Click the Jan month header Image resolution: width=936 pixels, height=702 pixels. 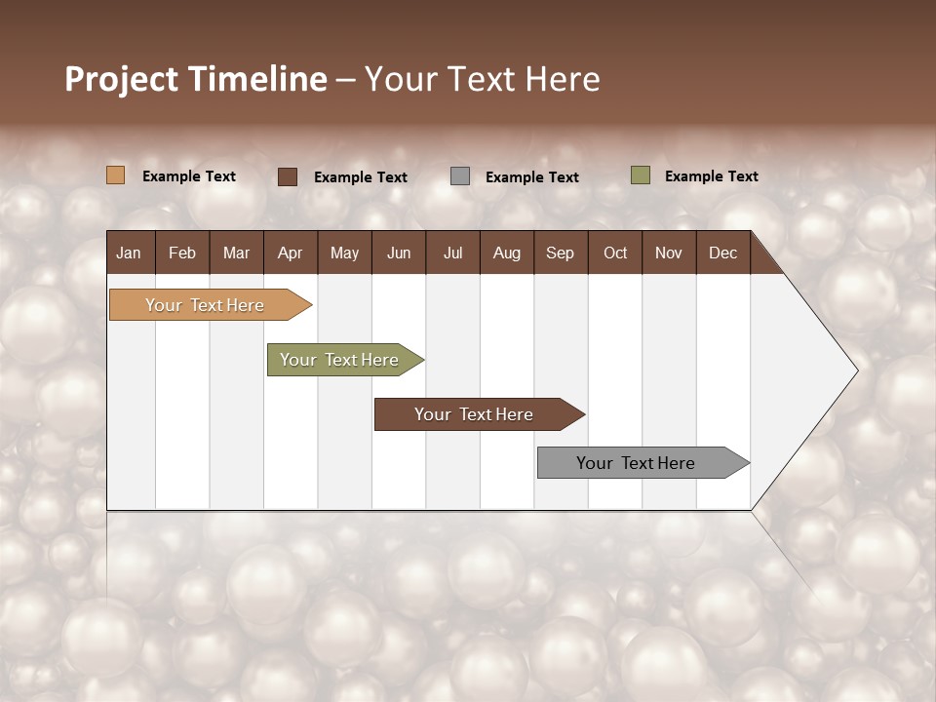[129, 253]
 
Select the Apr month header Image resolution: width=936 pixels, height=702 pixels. [290, 253]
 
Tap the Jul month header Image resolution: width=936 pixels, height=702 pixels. [452, 253]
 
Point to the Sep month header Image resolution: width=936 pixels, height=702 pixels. [560, 253]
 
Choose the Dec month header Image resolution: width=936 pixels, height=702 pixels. [722, 253]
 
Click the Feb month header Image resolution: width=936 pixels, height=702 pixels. [182, 253]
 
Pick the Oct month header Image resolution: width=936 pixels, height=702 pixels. [615, 253]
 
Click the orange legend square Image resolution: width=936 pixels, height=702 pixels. [115, 175]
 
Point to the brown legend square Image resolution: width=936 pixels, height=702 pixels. [287, 176]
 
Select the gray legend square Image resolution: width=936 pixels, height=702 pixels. [459, 176]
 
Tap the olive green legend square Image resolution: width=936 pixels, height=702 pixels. [640, 175]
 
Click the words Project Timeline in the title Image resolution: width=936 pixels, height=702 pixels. [196, 79]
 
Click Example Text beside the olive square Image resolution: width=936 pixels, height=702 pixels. [711, 176]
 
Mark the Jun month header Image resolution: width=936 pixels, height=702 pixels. [399, 253]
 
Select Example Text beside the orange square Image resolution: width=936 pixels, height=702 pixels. [189, 176]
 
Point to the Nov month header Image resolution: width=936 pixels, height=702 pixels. [668, 253]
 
